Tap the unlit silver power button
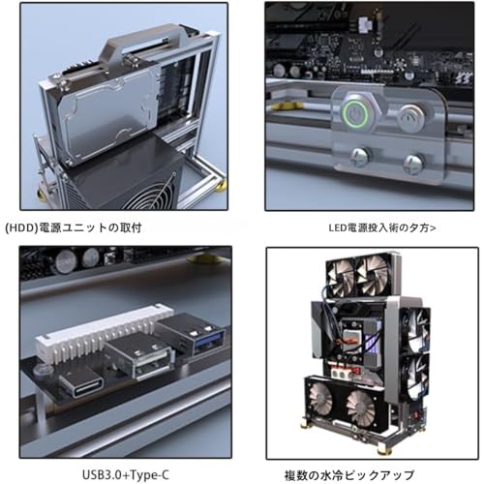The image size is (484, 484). tap(411, 118)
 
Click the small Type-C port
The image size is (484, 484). tap(82, 384)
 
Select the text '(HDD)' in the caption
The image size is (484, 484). tap(22, 227)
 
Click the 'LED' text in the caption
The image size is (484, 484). tap(337, 227)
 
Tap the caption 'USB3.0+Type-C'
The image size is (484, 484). tap(126, 475)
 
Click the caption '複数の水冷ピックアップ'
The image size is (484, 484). tap(348, 475)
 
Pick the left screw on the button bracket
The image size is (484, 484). tap(360, 157)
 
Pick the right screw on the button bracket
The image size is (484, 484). tap(413, 164)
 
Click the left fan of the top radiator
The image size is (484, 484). tap(341, 278)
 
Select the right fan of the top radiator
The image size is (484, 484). tap(372, 275)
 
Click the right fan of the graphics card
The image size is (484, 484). tap(361, 408)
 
